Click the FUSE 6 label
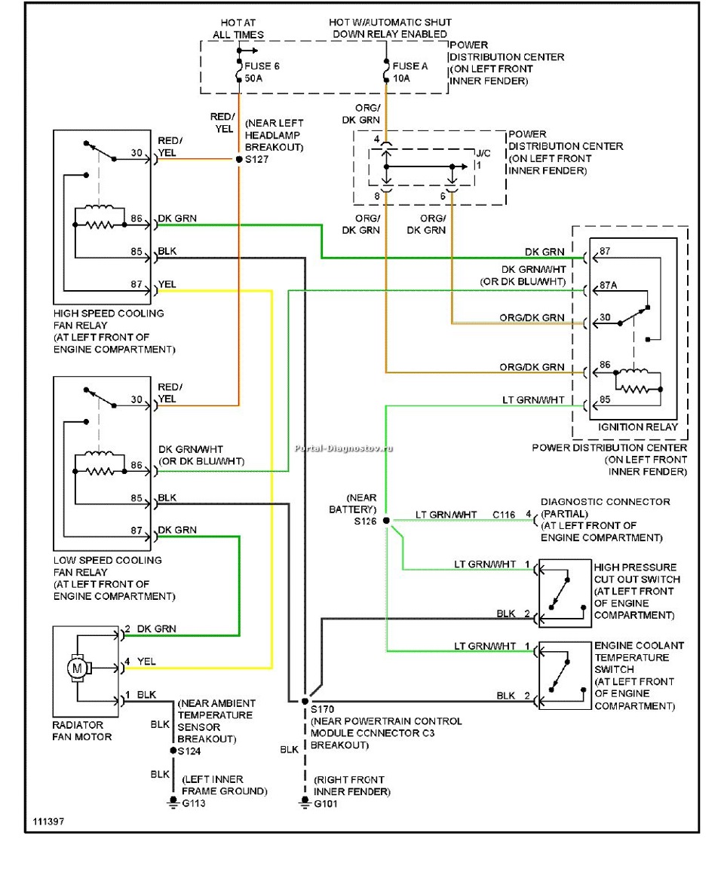click(262, 66)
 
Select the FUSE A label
click(410, 66)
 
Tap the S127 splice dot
click(239, 160)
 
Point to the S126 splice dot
click(386, 520)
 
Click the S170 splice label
click(322, 709)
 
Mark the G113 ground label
click(192, 803)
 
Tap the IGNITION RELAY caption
click(633, 427)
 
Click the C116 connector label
click(505, 515)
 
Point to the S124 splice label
click(189, 751)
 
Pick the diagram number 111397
click(48, 821)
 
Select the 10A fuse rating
click(401, 78)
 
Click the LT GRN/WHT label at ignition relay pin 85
click(533, 399)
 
